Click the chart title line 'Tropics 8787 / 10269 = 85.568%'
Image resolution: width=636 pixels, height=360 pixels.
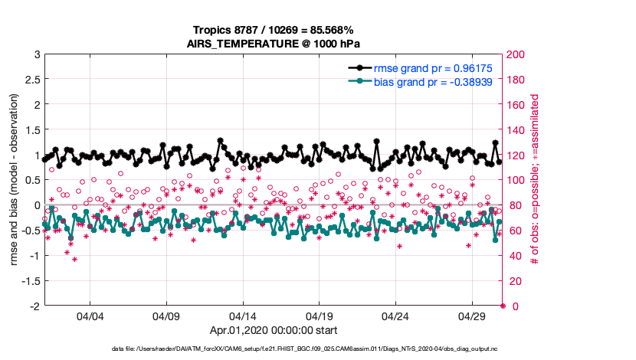(x=273, y=31)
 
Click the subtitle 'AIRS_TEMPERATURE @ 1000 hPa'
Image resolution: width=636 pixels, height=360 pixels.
(x=273, y=44)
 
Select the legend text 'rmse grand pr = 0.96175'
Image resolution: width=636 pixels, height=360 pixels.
(x=427, y=68)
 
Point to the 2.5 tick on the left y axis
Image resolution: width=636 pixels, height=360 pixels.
(x=31, y=80)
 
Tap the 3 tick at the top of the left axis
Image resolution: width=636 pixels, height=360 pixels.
(x=36, y=55)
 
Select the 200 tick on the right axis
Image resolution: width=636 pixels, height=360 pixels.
(x=516, y=55)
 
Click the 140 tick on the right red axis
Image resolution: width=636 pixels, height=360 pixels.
(x=516, y=130)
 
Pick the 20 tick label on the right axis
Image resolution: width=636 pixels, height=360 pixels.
(x=513, y=281)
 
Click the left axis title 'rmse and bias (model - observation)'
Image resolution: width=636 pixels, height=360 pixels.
(x=13, y=180)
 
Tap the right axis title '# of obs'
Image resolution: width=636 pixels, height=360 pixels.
(x=534, y=180)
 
